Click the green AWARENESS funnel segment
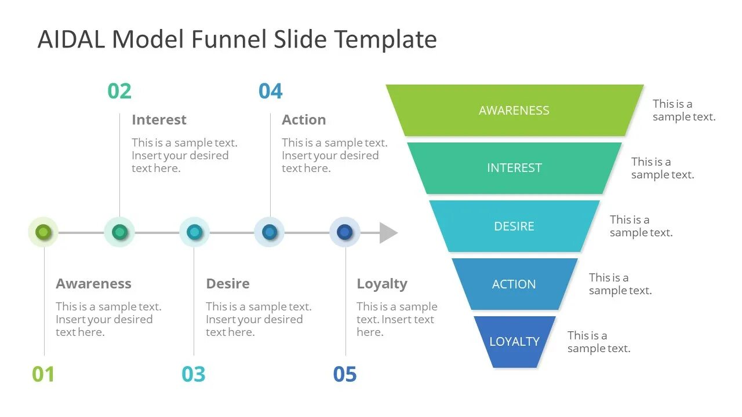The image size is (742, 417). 514,110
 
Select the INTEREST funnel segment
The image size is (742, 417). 514,168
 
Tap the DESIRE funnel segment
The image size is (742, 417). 514,226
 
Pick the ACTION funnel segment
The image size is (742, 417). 514,284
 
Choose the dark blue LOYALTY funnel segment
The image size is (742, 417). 514,341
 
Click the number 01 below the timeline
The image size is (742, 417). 43,374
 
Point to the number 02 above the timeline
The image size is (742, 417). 119,91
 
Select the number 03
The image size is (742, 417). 194,374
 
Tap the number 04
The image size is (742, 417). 270,91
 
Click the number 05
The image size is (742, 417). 345,374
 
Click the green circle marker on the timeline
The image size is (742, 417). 43,232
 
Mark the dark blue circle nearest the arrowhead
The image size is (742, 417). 345,232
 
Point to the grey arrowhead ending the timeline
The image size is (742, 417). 388,232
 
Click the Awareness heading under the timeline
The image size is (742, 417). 93,284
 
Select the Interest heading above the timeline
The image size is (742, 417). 159,120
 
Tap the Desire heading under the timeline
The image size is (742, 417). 228,284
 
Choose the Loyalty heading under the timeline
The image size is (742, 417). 382,284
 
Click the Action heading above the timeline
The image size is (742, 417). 304,120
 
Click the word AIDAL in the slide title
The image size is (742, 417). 71,39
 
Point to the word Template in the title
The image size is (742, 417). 385,39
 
